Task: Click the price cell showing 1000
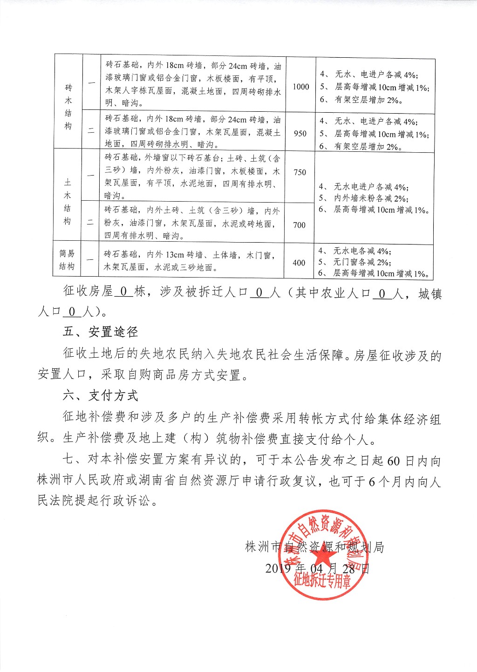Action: pos(301,87)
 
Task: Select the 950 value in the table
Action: pos(300,134)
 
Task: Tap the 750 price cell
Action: pos(300,172)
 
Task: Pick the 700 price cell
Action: pos(300,225)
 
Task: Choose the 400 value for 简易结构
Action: pos(299,263)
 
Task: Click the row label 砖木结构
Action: pos(68,107)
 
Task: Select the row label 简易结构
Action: pos(67,260)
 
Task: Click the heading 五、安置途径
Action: pos(101,332)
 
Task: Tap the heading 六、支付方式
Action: pos(101,396)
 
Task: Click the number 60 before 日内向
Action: pos(394,461)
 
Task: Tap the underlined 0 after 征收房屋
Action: pos(123,292)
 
